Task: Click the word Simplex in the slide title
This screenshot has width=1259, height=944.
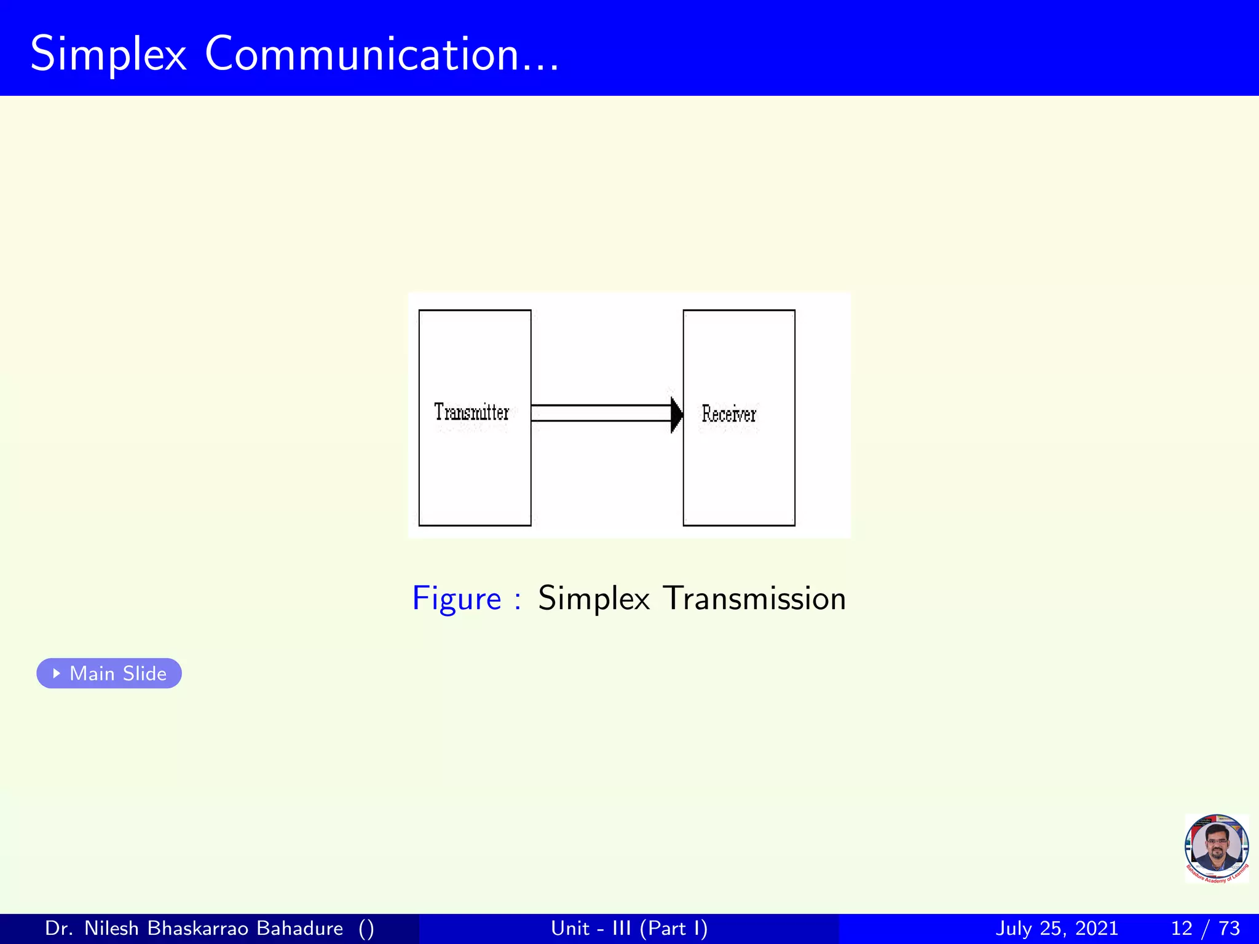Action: coord(108,55)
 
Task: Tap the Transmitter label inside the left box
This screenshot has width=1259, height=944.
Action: coord(472,412)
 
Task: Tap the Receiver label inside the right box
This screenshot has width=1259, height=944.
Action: coord(728,414)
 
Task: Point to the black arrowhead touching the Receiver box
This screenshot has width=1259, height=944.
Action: coord(676,414)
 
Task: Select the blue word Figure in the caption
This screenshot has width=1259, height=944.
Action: coord(457,599)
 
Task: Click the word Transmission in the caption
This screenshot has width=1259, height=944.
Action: coord(755,598)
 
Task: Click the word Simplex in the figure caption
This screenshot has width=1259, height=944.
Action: coord(593,599)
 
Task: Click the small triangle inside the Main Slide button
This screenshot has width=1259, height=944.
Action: coord(57,673)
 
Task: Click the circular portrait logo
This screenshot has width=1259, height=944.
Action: coord(1216,848)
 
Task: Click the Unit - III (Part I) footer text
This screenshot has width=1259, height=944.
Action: coord(629,928)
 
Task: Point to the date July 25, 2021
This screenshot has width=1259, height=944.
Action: coord(1056,928)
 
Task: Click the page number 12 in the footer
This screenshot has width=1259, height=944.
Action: coord(1182,928)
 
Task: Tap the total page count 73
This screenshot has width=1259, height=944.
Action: coord(1229,928)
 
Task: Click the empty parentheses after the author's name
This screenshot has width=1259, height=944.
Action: coord(366,929)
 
